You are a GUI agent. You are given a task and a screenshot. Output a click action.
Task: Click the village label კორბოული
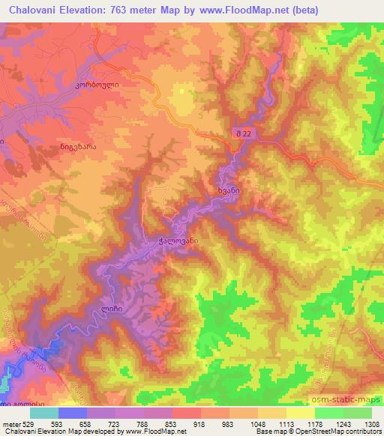point(97,85)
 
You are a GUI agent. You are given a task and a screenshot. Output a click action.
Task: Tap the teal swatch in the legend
point(44,413)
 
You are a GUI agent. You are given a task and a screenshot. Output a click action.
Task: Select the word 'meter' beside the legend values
point(9,423)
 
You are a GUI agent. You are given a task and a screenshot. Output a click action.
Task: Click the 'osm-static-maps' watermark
point(345,399)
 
